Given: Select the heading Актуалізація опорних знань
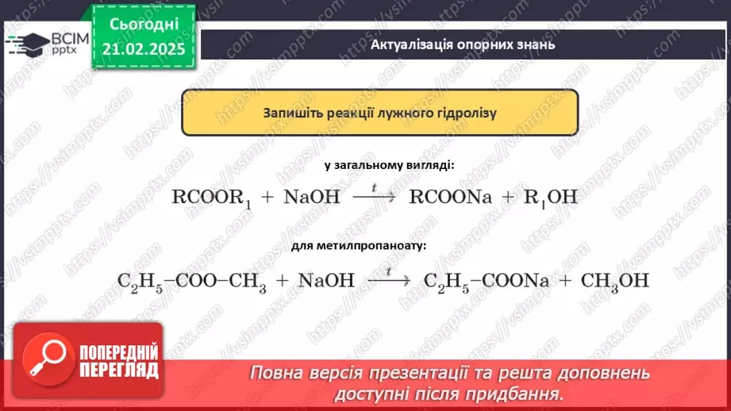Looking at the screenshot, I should (463, 44).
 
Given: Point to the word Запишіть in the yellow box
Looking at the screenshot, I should (293, 113).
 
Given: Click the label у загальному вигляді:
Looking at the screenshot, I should (389, 166).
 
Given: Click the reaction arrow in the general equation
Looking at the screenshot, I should (373, 198).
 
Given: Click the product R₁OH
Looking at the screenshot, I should (550, 198).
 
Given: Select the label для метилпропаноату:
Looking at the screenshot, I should (358, 245).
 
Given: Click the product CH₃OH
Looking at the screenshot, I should (615, 280).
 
